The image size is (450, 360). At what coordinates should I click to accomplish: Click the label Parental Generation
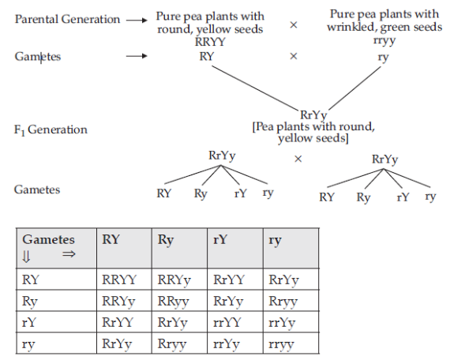point(67,18)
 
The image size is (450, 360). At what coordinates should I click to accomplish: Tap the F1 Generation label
point(51,129)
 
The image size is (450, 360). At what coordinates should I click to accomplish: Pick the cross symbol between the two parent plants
point(294,25)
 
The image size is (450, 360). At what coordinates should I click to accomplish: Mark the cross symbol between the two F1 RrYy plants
point(298,159)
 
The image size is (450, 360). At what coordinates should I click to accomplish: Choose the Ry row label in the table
point(30,301)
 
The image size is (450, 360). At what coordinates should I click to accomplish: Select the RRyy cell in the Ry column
point(173,301)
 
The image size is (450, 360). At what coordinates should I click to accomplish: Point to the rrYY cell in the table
point(228,322)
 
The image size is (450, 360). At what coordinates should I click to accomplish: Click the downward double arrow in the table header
point(27,254)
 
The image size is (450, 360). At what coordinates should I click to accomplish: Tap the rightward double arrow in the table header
point(68,254)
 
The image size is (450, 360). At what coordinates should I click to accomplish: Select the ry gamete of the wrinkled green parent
point(382,57)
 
